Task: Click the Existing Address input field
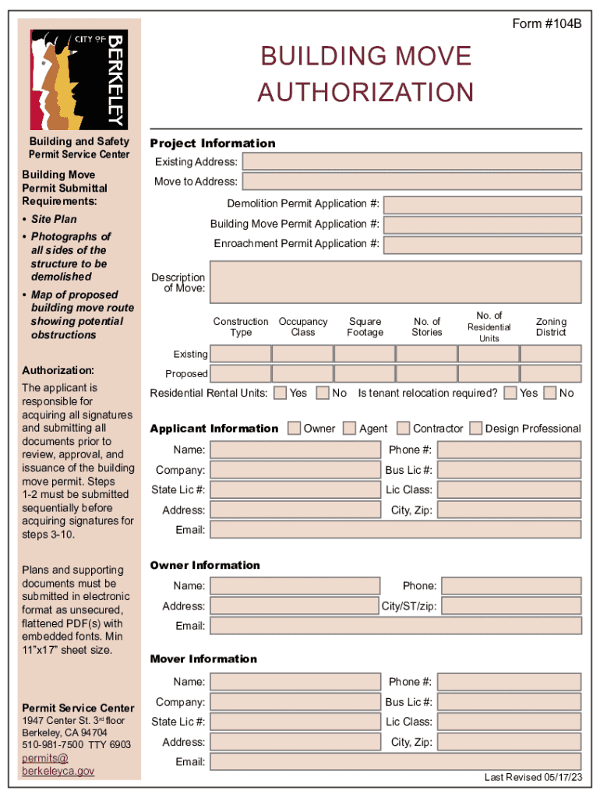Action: pyautogui.click(x=411, y=161)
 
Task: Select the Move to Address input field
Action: pyautogui.click(x=411, y=182)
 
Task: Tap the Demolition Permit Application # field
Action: pyautogui.click(x=482, y=204)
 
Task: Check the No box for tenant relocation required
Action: pyautogui.click(x=551, y=393)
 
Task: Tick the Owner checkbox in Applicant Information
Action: pyautogui.click(x=295, y=428)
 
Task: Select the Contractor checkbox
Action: pyautogui.click(x=404, y=428)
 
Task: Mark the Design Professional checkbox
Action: pyautogui.click(x=476, y=428)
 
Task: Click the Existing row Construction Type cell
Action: pyautogui.click(x=241, y=354)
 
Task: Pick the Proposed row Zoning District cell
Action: pyautogui.click(x=550, y=373)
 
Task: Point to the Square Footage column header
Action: pyautogui.click(x=365, y=327)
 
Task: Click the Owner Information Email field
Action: pyautogui.click(x=396, y=626)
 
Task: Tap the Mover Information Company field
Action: pyautogui.click(x=295, y=702)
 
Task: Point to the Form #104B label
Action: pyautogui.click(x=546, y=24)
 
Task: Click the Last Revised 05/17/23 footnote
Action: pyautogui.click(x=533, y=777)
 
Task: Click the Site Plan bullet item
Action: pyautogui.click(x=54, y=220)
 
